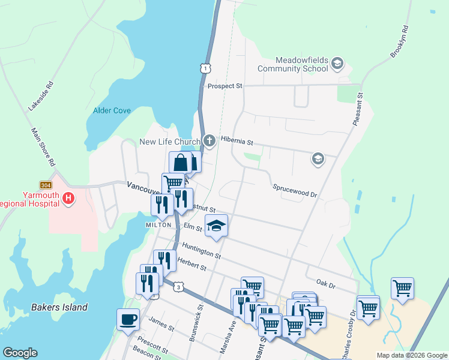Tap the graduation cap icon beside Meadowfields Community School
click(337, 63)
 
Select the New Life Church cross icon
click(209, 142)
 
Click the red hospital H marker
click(68, 197)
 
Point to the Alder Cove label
click(112, 110)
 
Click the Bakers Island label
click(59, 307)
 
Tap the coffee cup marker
click(128, 320)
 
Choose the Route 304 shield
click(46, 185)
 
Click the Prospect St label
click(224, 86)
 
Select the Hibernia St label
click(237, 142)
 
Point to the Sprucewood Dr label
click(294, 190)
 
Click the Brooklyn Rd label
click(399, 41)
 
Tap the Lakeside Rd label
click(41, 96)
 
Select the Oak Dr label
click(325, 281)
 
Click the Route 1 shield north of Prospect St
click(206, 69)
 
